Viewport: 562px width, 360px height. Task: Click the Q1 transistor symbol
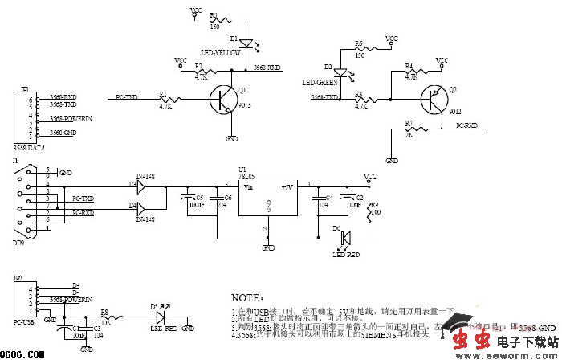point(222,100)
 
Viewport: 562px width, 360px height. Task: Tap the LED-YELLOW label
point(219,53)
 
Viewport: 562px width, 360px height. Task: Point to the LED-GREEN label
point(320,82)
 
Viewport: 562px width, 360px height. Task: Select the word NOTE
point(246,297)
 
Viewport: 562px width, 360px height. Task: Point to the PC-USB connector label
point(23,322)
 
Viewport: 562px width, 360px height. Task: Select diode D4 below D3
point(140,212)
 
